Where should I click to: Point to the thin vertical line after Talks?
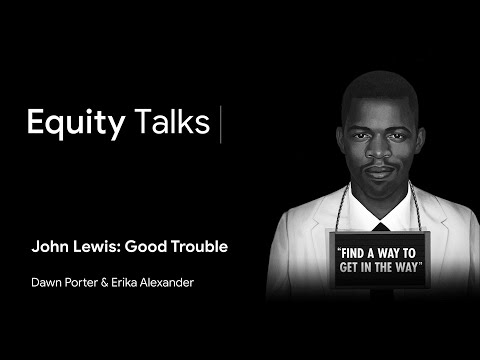(219, 122)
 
